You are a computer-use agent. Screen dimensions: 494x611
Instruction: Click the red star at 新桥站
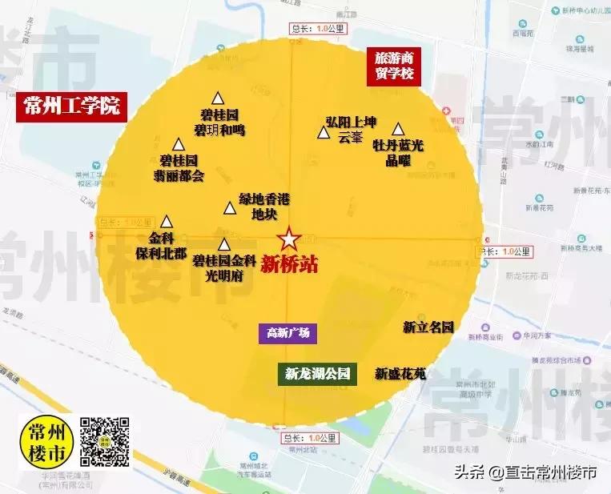[288, 239]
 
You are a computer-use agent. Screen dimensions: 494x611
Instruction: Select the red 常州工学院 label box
[71, 106]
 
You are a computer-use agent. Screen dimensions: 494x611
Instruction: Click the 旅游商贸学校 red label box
[393, 66]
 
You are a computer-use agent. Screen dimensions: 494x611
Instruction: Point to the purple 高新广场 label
[287, 333]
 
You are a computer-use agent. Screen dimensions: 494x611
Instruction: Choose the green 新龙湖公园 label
[317, 373]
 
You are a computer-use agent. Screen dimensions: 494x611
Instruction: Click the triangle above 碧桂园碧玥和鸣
[216, 95]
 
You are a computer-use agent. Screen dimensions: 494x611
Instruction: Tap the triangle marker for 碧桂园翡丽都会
[179, 145]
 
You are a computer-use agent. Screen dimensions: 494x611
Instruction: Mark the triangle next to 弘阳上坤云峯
[323, 134]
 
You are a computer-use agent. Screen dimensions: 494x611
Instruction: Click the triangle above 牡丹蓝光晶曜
[398, 128]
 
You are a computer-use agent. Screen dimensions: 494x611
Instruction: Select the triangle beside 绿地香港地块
[230, 208]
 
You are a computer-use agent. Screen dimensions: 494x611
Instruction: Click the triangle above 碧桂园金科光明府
[224, 245]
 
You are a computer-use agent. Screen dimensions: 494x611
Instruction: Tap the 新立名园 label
[428, 327]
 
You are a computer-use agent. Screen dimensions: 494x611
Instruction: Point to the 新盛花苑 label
[400, 373]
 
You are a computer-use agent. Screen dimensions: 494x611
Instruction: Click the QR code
[106, 441]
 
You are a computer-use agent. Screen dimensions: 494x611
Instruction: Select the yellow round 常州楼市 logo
[47, 441]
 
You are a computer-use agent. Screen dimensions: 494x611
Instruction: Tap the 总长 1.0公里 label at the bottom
[311, 438]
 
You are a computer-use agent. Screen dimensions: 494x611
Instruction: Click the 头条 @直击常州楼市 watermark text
[526, 472]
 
